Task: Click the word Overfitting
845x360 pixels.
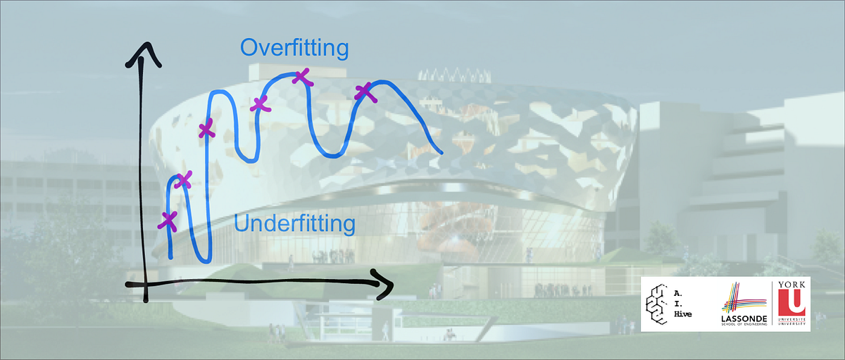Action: coord(294,48)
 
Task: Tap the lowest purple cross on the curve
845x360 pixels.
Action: coord(168,221)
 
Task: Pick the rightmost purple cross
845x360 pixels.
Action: coord(364,92)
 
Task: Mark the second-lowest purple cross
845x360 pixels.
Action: coord(182,180)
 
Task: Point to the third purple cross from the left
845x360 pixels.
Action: coord(206,129)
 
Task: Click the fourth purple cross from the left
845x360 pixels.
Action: coord(261,104)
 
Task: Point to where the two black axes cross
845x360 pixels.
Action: coord(144,284)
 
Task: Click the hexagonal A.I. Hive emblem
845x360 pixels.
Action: coord(662,304)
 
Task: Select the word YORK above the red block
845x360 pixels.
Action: coord(791,284)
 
